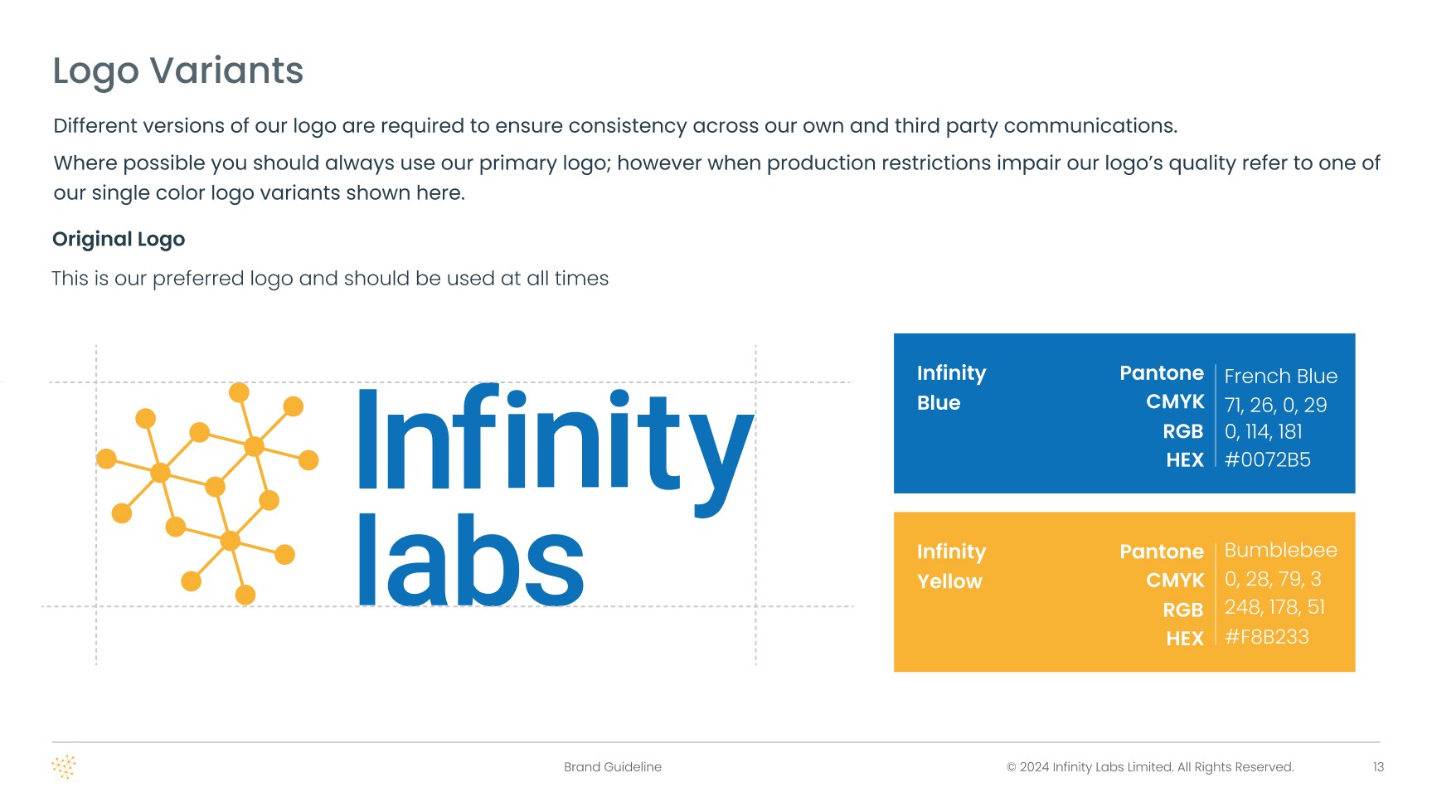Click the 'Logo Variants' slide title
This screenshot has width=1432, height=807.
pos(178,71)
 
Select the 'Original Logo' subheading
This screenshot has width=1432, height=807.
pos(119,240)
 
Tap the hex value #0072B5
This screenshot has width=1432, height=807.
pos(1268,459)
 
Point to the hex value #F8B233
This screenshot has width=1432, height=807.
pos(1267,637)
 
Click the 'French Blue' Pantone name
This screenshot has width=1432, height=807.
pos(1281,377)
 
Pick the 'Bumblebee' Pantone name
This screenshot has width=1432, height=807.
pos(1281,550)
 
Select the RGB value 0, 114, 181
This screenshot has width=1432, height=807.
pos(1264,432)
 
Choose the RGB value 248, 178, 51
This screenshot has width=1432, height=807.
pos(1275,607)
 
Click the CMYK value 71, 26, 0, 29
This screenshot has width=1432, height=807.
pos(1276,405)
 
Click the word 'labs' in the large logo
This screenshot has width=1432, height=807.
pos(471,560)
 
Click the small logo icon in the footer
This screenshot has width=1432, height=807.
pos(64,767)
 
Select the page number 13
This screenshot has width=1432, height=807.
pos(1378,767)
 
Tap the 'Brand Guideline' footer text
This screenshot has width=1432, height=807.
pos(613,767)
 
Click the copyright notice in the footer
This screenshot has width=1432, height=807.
pos(1150,767)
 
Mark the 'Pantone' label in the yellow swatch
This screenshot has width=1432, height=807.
pos(1162,552)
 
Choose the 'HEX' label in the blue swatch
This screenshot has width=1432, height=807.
pos(1185,460)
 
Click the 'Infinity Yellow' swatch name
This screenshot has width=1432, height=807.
pos(951,566)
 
